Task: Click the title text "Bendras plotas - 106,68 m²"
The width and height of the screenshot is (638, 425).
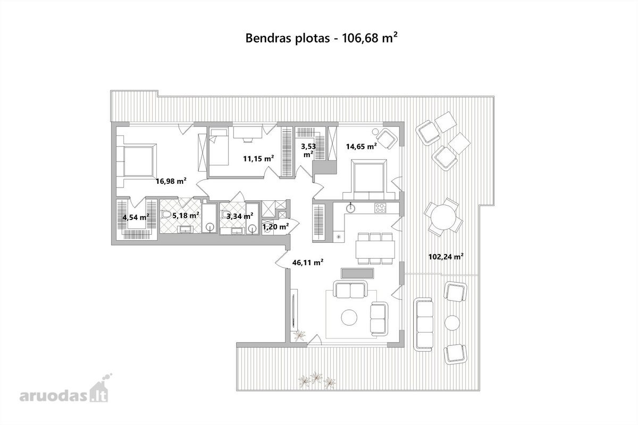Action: pyautogui.click(x=321, y=38)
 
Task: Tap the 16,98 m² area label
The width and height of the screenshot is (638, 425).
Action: pyautogui.click(x=171, y=181)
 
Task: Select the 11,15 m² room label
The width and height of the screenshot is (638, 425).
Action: pyautogui.click(x=258, y=158)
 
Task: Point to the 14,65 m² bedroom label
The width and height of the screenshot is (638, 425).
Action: pyautogui.click(x=362, y=146)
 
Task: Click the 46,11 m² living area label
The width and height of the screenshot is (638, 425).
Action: pyautogui.click(x=308, y=262)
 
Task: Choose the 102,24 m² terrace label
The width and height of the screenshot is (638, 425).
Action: pyautogui.click(x=446, y=257)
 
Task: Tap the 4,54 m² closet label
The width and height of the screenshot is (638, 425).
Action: pyautogui.click(x=136, y=217)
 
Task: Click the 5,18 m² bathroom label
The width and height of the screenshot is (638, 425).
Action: pyautogui.click(x=186, y=216)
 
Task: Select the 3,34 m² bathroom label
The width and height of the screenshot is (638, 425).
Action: pyautogui.click(x=240, y=216)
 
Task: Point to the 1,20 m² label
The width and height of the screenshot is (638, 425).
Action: pyautogui.click(x=276, y=227)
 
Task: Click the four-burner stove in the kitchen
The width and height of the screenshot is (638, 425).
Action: pyautogui.click(x=381, y=208)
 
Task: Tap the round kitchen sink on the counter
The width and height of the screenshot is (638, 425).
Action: pyautogui.click(x=351, y=208)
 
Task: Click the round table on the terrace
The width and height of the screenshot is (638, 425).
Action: pyautogui.click(x=443, y=217)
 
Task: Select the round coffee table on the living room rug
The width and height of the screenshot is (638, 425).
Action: pyautogui.click(x=349, y=318)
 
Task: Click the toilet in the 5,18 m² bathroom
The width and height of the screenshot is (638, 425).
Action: pyautogui.click(x=166, y=214)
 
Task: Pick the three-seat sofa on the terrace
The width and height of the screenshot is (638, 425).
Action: pyautogui.click(x=423, y=325)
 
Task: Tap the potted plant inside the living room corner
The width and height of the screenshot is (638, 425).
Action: pyautogui.click(x=299, y=336)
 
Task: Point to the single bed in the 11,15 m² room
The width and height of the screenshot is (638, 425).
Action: pyautogui.click(x=219, y=146)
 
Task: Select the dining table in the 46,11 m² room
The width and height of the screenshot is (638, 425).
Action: pyautogui.click(x=375, y=249)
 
